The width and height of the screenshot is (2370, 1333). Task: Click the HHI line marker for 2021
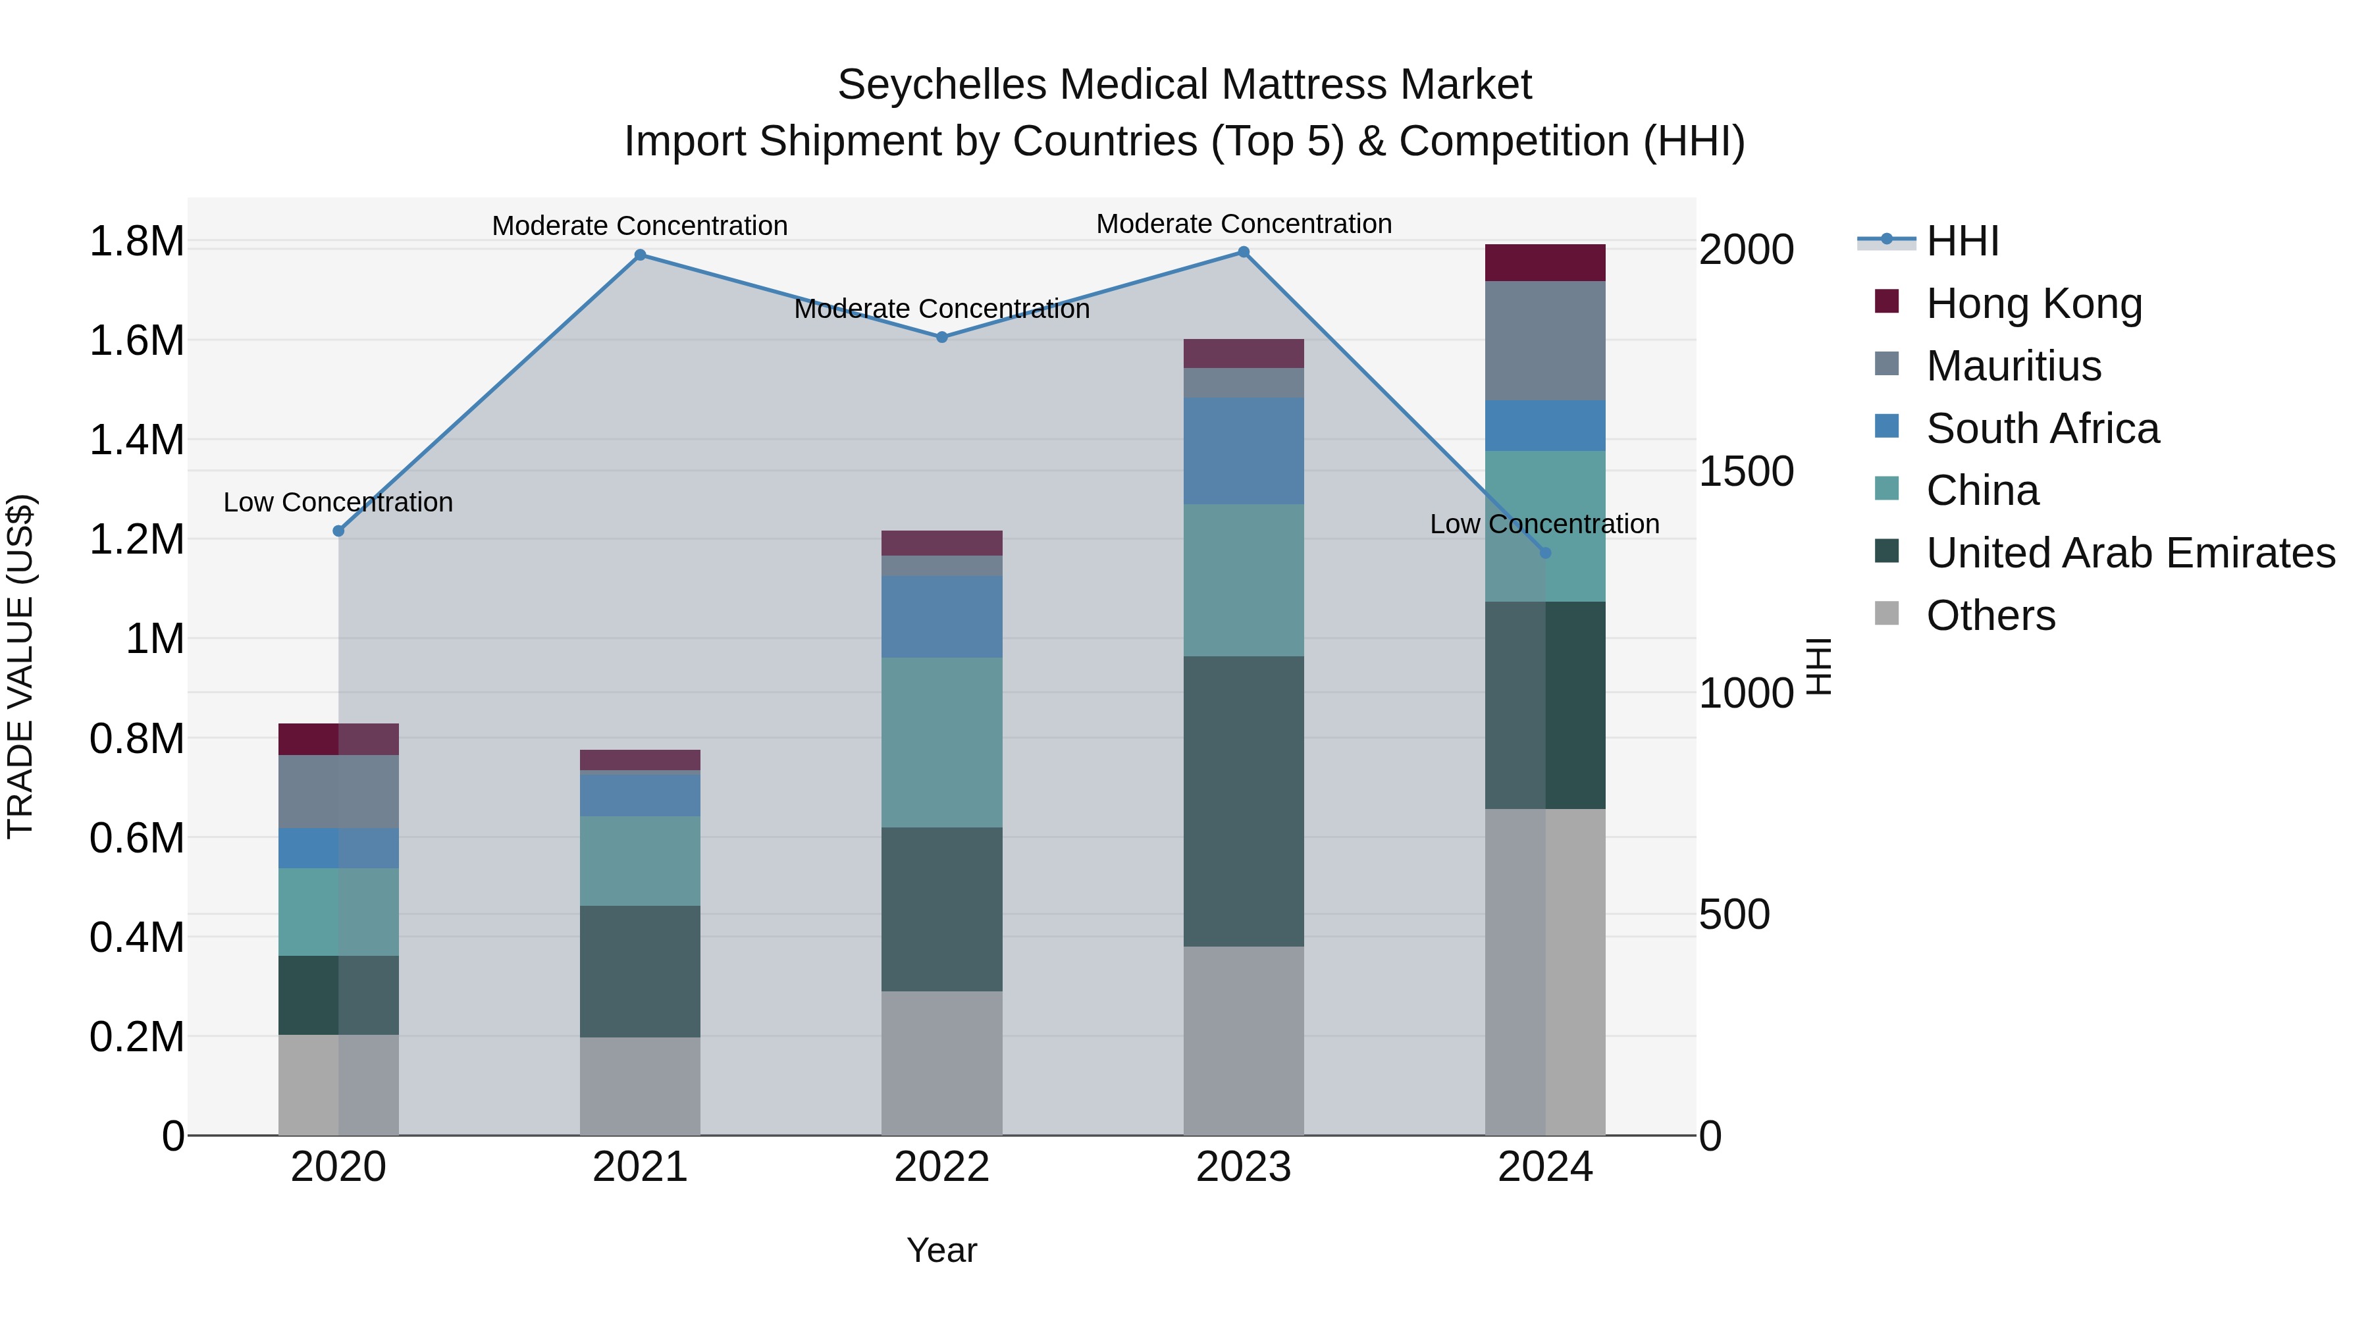[641, 256]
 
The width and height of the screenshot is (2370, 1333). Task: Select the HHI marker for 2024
[1544, 553]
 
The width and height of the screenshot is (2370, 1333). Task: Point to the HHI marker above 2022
[941, 338]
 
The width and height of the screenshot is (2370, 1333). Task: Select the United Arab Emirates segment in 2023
[1243, 800]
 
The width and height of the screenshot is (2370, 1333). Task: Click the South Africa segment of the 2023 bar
[1243, 451]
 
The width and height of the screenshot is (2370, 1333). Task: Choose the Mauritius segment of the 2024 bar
[1544, 340]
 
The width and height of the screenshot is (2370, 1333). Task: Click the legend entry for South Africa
[2041, 429]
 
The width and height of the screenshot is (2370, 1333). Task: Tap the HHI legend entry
[1962, 241]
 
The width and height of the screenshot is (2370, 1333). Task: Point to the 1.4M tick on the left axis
[136, 440]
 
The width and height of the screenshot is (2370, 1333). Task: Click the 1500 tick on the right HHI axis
[1745, 472]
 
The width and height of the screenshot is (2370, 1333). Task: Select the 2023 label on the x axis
[1243, 1167]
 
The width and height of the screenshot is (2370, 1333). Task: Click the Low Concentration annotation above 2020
[338, 502]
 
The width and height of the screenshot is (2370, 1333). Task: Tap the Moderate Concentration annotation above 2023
[1243, 224]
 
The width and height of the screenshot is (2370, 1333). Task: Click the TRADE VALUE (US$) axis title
[20, 666]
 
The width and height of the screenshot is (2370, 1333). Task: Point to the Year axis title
[941, 1250]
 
